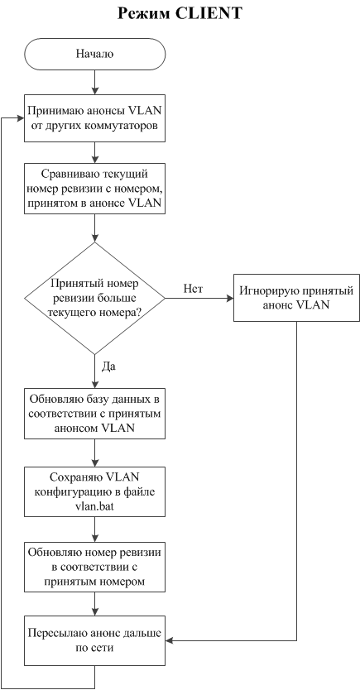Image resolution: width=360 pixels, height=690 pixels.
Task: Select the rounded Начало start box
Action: tap(94, 54)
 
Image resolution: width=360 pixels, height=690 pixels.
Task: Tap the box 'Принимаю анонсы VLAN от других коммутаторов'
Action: tap(94, 118)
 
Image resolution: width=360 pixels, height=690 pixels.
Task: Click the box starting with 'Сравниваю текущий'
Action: tap(94, 189)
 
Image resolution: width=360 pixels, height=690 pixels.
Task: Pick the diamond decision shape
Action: tap(94, 299)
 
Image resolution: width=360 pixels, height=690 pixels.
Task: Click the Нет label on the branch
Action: tap(192, 288)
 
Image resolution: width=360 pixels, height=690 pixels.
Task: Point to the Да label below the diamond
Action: tap(108, 367)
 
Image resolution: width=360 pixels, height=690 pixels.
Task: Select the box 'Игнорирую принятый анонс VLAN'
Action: tap(296, 298)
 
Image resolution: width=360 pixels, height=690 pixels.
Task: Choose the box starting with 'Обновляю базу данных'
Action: tap(94, 414)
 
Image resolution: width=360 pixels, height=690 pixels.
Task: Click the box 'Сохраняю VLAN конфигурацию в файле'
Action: tap(94, 491)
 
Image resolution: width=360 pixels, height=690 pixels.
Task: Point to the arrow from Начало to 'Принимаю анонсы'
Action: tap(94, 82)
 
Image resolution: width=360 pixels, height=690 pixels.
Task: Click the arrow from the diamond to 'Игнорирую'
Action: tap(199, 299)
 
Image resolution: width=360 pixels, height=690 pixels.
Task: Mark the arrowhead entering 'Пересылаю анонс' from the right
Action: tap(170, 641)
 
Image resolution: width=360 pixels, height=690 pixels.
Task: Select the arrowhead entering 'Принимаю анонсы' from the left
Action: tap(20, 118)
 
